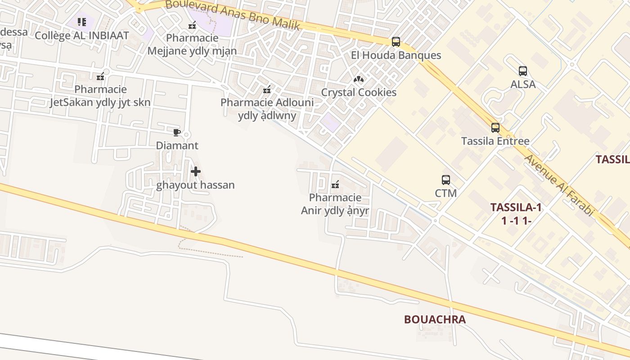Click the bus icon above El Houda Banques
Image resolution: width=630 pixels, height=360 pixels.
click(x=396, y=42)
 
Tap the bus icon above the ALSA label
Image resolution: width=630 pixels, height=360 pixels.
click(x=523, y=71)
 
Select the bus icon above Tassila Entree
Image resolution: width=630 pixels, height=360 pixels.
click(x=495, y=128)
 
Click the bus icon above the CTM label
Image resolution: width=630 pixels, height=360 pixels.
click(x=446, y=180)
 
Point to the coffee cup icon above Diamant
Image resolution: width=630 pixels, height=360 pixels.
click(x=177, y=132)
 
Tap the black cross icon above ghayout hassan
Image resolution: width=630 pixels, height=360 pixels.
click(x=196, y=171)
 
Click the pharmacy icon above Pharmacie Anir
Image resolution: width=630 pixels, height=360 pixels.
click(x=335, y=184)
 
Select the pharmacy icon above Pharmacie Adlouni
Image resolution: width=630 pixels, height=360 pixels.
click(x=267, y=89)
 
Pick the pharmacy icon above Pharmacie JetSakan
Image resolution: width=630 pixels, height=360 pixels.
click(x=101, y=76)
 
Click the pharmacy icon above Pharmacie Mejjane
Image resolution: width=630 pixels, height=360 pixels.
click(x=193, y=25)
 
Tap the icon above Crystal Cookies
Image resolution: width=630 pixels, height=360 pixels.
click(x=359, y=79)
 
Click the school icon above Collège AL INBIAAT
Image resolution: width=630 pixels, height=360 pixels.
click(x=81, y=22)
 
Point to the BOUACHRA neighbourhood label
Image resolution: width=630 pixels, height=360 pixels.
click(x=435, y=319)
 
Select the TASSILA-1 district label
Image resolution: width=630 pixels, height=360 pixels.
click(x=516, y=207)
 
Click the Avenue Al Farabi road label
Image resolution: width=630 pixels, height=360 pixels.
click(x=560, y=185)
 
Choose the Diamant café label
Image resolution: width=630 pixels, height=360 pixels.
click(x=177, y=146)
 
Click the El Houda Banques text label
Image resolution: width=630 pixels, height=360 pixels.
click(x=396, y=55)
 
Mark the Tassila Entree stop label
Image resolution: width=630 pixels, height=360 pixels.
click(x=495, y=141)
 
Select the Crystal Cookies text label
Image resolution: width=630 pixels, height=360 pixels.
click(x=359, y=92)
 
